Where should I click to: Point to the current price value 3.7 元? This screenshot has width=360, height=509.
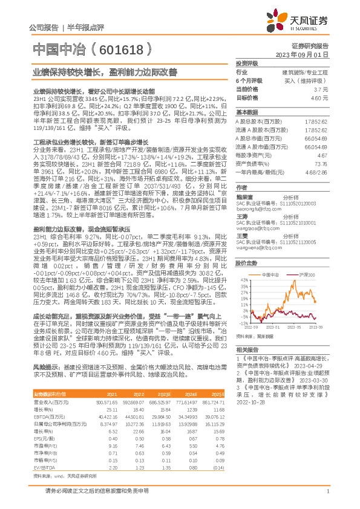[321, 88]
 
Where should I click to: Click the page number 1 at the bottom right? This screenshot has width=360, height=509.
[327, 493]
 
